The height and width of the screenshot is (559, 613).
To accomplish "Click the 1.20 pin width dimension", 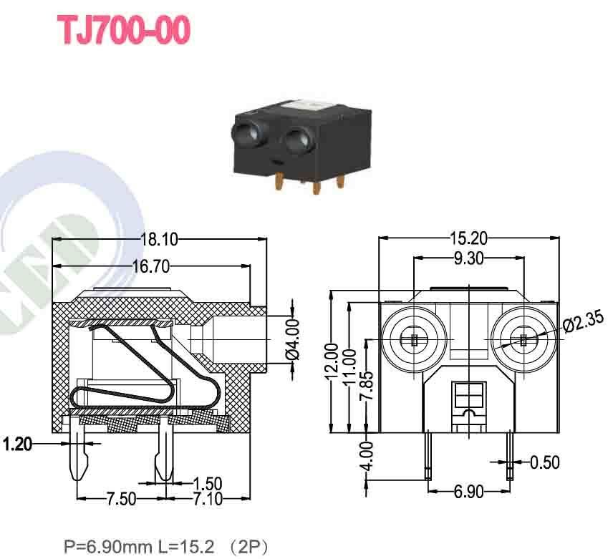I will coord(17,444).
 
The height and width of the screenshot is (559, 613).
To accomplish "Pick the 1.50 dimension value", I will coord(208,484).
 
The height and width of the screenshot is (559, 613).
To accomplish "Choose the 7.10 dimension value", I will coord(208,499).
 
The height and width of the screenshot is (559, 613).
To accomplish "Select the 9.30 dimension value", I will coord(468,258).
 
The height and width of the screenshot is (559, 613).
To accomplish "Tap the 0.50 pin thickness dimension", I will coord(544,462).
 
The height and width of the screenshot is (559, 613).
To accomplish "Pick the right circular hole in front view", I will coord(523,339).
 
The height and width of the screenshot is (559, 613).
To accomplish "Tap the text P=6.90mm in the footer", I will coord(107,548).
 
